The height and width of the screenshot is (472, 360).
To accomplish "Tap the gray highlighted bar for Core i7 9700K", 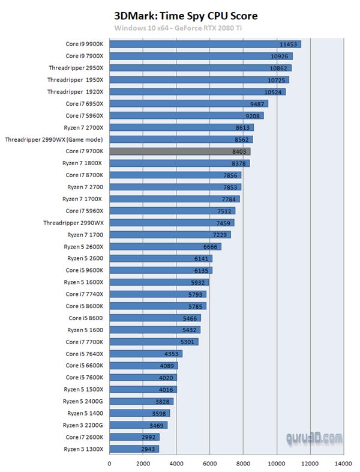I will [x=179, y=151].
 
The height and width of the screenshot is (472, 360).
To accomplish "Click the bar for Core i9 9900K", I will [x=205, y=44].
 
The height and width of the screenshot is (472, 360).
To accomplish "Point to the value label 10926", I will [x=280, y=56].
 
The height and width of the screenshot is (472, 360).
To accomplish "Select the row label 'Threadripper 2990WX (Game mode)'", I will [x=54, y=139].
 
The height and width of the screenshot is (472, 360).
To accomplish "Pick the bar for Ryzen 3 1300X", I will [x=133, y=449].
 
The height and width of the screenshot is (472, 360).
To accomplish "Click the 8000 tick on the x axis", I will [x=243, y=464].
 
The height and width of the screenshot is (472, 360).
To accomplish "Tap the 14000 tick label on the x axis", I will [x=343, y=464].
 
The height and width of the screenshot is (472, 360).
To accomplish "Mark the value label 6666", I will [x=210, y=246].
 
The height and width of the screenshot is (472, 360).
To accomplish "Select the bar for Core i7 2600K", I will [x=134, y=437].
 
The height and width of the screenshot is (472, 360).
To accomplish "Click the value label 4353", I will [x=172, y=354].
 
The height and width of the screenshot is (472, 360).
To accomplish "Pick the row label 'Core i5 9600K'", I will [x=85, y=270].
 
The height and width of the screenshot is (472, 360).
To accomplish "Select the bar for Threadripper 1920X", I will [x=197, y=92].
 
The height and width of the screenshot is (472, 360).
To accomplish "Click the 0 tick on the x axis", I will [x=109, y=464].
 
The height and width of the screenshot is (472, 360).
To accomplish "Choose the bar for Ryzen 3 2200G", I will [x=138, y=425].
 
